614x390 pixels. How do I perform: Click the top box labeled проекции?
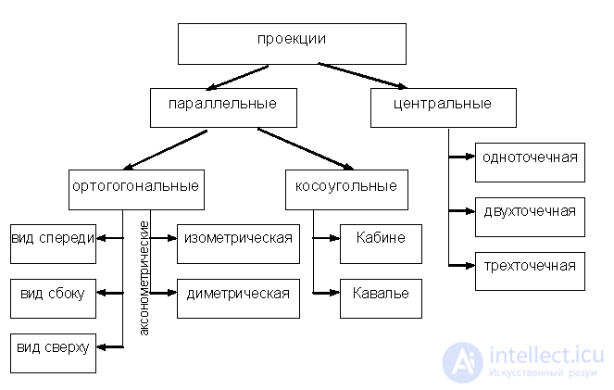point(291,43)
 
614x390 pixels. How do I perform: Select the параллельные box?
point(223,107)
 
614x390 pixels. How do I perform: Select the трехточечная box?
point(530,270)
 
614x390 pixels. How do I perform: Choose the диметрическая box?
point(238,296)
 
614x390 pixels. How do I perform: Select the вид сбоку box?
point(53,296)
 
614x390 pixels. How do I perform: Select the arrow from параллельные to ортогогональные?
point(167,148)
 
